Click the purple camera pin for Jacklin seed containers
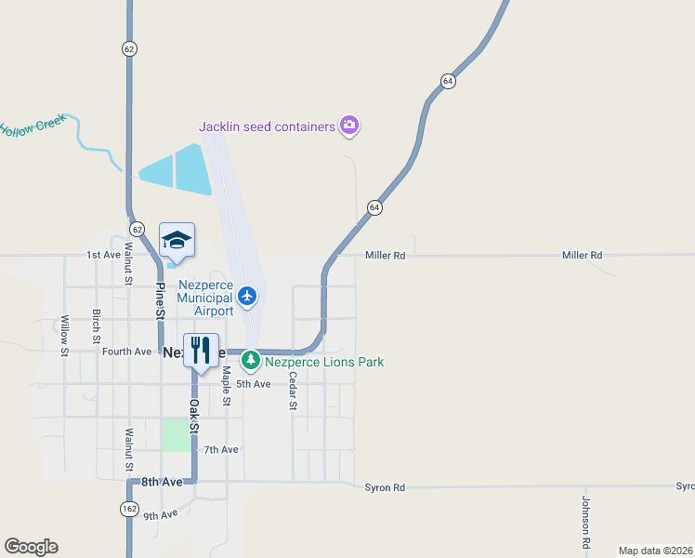[x=349, y=125]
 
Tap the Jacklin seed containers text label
[x=267, y=126]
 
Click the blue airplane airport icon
[x=246, y=296]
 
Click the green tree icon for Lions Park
[x=250, y=360]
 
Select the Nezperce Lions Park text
[x=324, y=362]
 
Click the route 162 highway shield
[x=129, y=508]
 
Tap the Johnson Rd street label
[x=586, y=521]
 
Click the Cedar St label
[x=292, y=392]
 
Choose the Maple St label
[x=226, y=387]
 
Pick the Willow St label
[x=65, y=336]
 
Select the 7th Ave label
[x=222, y=449]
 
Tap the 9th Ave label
[x=160, y=514]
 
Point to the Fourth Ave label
[x=126, y=352]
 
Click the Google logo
[x=31, y=547]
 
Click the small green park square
[x=176, y=435]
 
